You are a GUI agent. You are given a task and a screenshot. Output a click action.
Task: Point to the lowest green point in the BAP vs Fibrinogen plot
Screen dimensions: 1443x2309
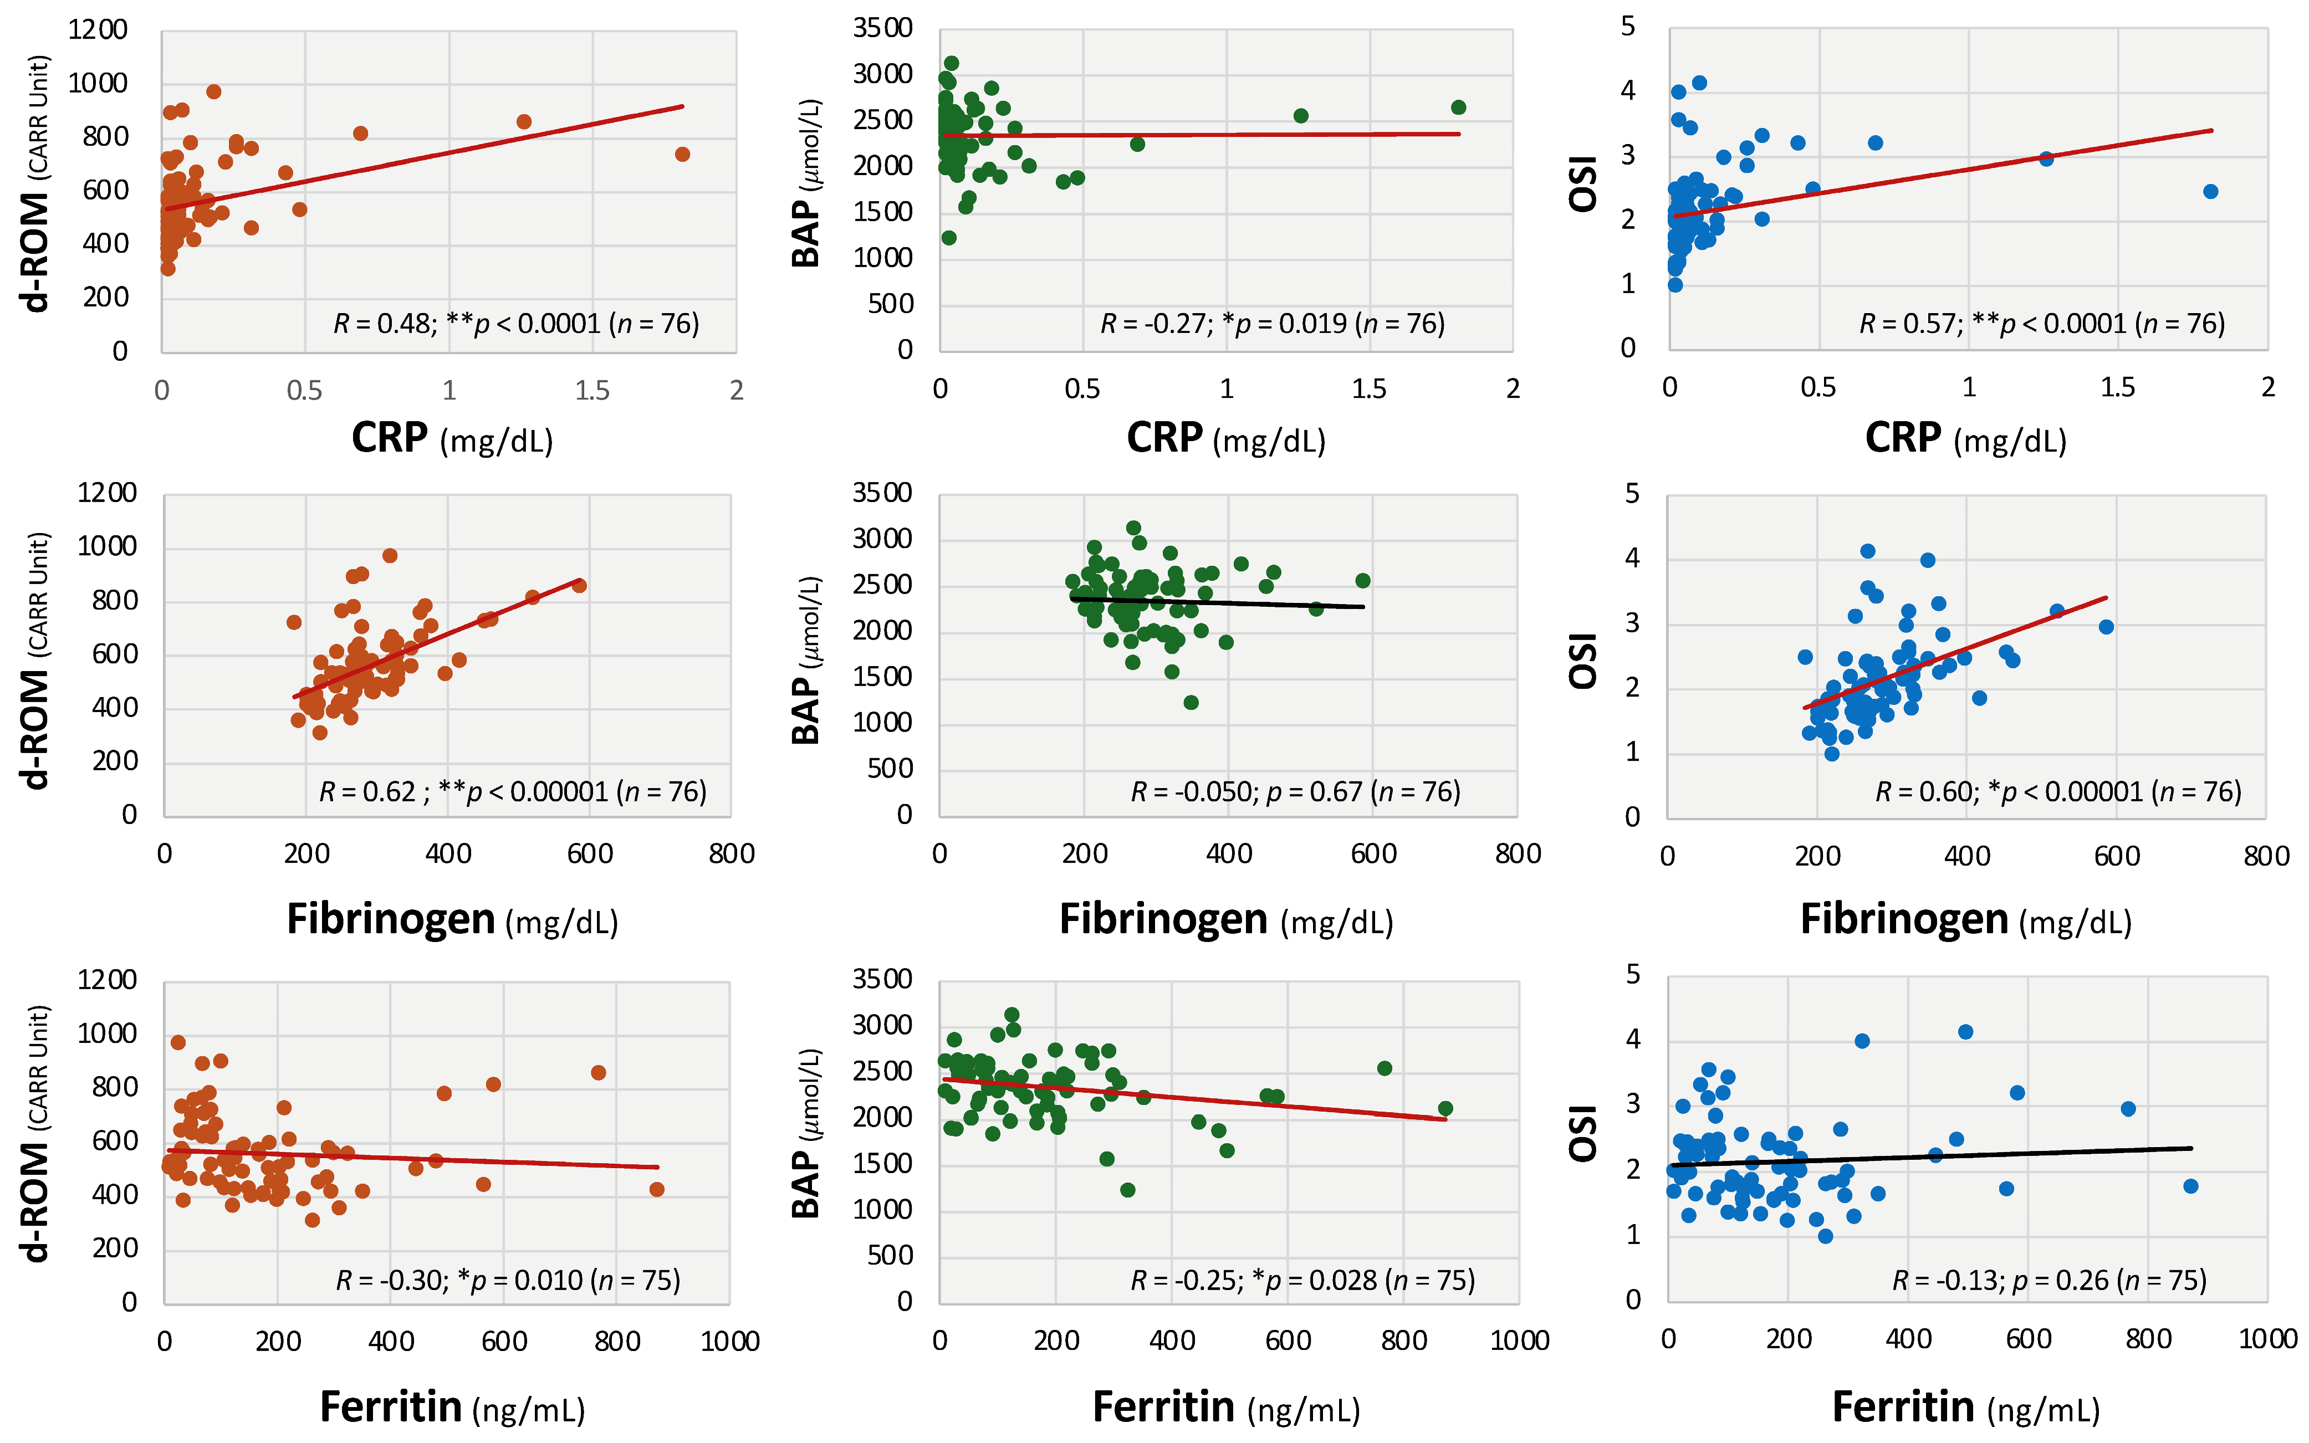click(x=1191, y=703)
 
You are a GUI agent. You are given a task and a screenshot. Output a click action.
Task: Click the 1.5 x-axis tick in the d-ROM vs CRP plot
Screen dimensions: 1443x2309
click(x=592, y=390)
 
